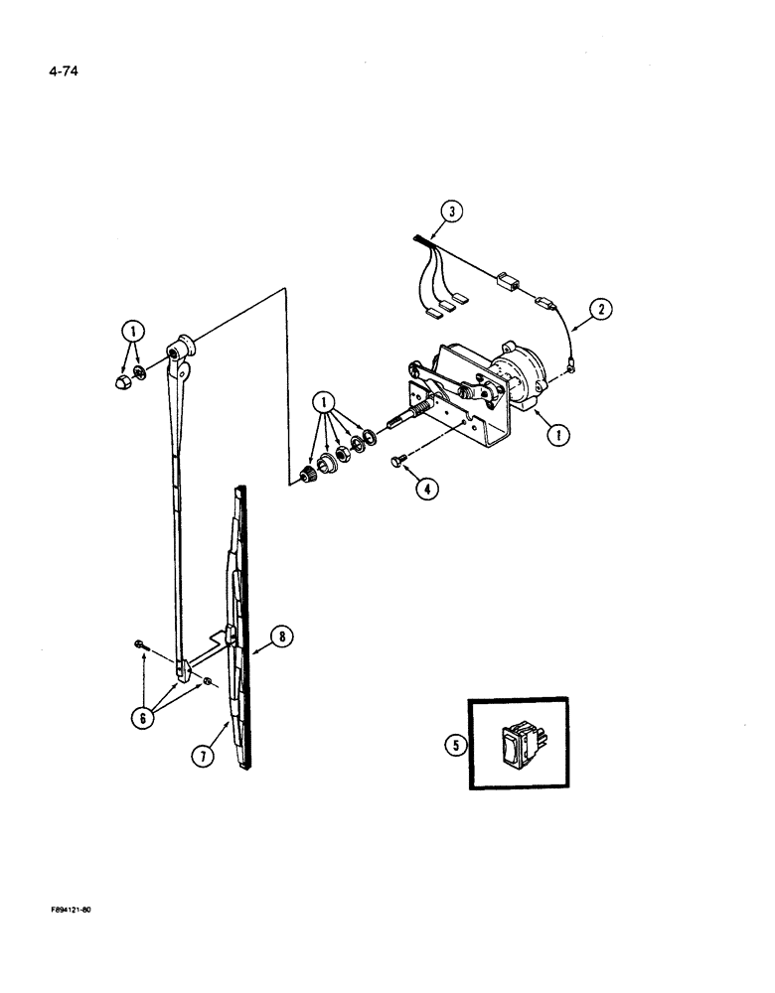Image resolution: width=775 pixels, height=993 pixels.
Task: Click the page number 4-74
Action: (x=63, y=71)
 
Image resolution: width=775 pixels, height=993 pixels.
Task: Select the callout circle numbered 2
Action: (x=600, y=312)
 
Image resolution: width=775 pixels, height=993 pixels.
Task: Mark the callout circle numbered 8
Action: (x=281, y=638)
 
